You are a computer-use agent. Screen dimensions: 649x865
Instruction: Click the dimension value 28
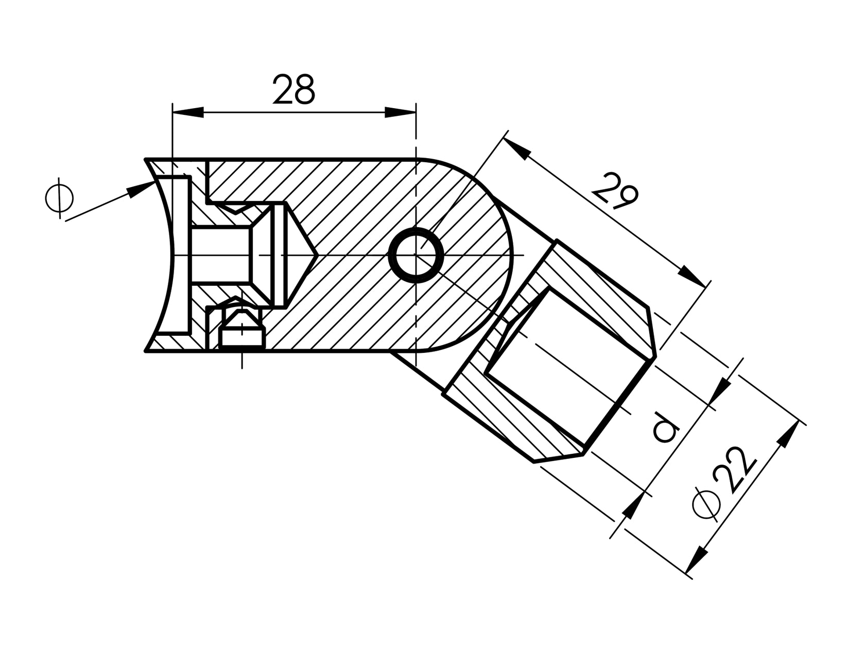coord(293,90)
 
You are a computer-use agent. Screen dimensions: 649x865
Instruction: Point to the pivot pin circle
coord(416,255)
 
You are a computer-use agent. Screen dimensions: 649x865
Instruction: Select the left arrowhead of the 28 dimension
coord(188,112)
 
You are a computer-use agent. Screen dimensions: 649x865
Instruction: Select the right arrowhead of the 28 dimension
coord(400,112)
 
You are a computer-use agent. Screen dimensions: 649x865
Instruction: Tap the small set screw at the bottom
coord(240,330)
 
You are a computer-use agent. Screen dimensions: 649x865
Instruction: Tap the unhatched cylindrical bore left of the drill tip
coord(221,255)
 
